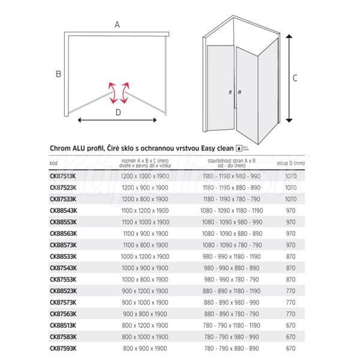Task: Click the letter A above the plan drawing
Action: tap(117, 25)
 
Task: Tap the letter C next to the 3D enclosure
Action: tap(295, 77)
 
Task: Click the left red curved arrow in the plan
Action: tap(112, 92)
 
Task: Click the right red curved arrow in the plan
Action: tap(125, 92)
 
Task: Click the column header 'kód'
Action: tap(53, 163)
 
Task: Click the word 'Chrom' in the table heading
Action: tap(62, 148)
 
